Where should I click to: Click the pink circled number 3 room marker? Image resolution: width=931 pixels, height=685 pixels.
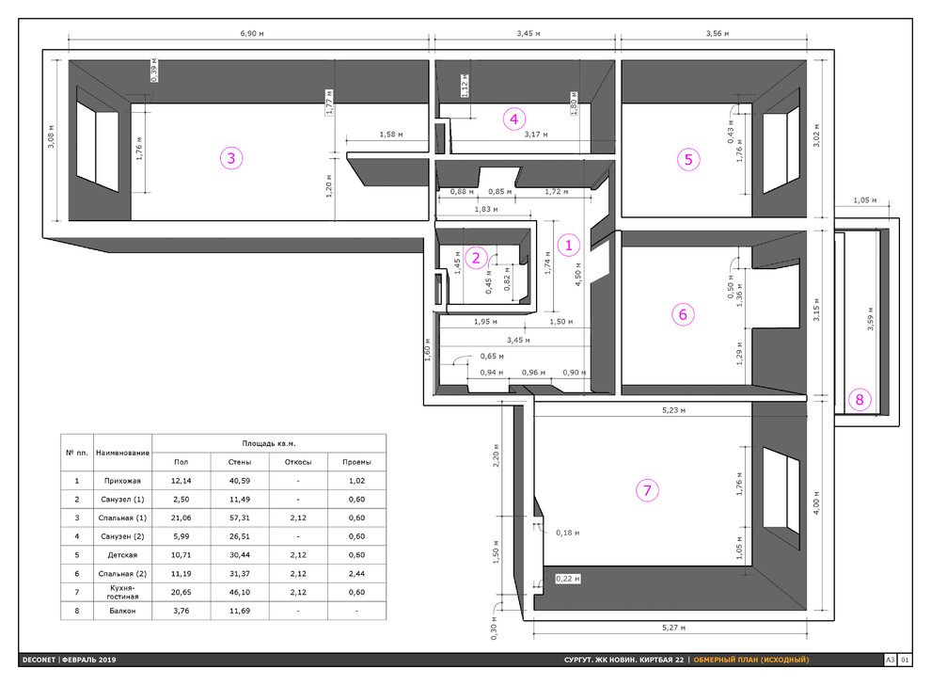231,158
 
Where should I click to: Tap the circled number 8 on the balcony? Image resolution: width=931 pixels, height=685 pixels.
860,400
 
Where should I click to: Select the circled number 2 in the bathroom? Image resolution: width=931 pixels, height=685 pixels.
476,258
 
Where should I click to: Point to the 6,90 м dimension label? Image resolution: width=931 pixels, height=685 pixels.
252,33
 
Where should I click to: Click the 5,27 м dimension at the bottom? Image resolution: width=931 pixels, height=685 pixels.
673,628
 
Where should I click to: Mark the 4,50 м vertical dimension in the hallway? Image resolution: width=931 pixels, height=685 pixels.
577,275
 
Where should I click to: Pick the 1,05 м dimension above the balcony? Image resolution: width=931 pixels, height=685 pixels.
864,200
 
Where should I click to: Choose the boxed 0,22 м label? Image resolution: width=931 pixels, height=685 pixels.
568,579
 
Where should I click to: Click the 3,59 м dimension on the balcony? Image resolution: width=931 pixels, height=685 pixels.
871,318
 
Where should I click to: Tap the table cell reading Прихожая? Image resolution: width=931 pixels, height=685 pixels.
122,481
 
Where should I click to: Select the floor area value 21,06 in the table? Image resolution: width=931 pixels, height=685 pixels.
181,518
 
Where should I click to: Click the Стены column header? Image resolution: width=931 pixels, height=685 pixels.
239,462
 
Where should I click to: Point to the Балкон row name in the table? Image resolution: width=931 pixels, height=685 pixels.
122,611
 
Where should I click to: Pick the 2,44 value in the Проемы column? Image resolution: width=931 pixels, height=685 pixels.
356,574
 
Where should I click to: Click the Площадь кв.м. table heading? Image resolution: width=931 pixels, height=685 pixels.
269,443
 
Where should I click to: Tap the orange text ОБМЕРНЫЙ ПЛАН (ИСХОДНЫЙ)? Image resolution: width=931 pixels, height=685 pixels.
751,660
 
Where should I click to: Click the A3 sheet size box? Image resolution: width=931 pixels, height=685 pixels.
890,660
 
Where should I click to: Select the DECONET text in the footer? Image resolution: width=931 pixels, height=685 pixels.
39,660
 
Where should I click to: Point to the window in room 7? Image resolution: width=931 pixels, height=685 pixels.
781,491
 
